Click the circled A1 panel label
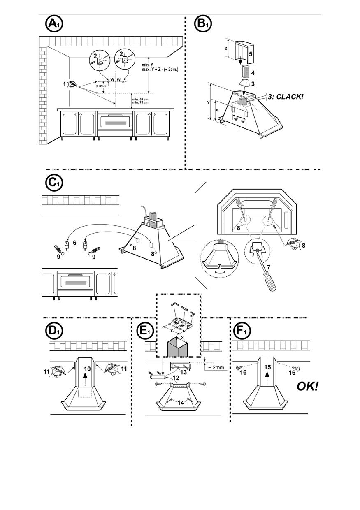(53, 24)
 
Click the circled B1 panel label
(202, 24)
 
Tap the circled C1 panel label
(53, 183)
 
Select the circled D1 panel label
(53, 331)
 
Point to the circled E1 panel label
(144, 331)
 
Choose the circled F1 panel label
(242, 331)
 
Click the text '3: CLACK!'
(286, 97)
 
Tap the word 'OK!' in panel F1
(307, 387)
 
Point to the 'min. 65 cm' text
(140, 100)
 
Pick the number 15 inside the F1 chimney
(267, 367)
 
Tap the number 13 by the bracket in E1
(183, 372)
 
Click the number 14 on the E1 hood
(180, 403)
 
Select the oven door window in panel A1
(115, 122)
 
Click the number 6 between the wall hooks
(74, 243)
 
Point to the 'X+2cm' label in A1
(101, 86)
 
